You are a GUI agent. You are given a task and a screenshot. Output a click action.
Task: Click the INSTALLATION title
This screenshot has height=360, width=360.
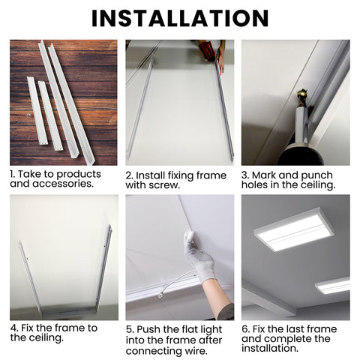tap(180, 18)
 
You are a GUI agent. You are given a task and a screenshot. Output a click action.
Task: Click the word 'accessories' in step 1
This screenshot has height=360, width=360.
tap(62, 184)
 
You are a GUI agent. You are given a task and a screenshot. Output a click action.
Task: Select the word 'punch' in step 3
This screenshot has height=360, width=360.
tap(316, 175)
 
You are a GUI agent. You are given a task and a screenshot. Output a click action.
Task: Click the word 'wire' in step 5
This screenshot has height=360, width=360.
tap(196, 351)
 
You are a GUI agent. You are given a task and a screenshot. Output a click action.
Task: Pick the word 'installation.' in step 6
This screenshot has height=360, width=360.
tap(270, 348)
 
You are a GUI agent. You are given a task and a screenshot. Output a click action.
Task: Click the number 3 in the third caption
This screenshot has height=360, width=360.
tap(245, 175)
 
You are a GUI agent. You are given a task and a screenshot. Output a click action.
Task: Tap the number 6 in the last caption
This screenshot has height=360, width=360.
tap(246, 329)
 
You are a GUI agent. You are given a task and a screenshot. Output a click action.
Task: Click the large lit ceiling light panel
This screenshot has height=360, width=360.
tap(294, 229)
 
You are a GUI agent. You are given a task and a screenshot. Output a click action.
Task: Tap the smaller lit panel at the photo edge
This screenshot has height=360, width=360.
tap(333, 286)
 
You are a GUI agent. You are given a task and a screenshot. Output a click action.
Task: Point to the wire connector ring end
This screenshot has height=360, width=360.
tap(160, 295)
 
